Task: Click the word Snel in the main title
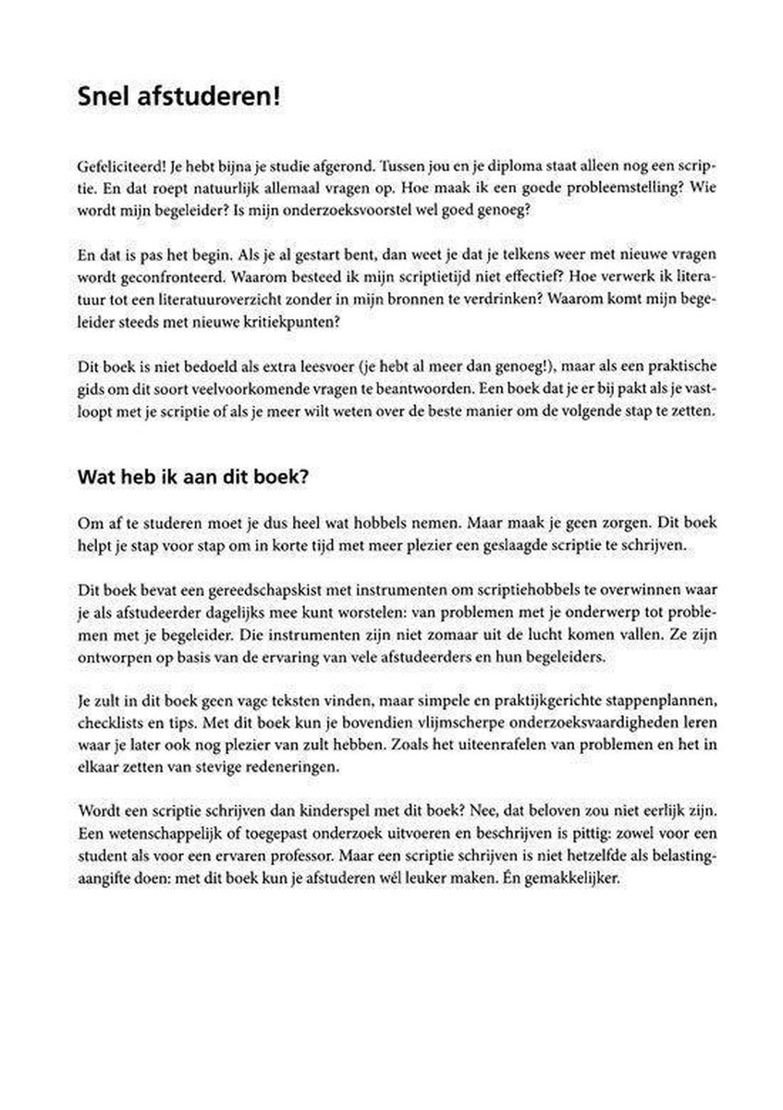[105, 98]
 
